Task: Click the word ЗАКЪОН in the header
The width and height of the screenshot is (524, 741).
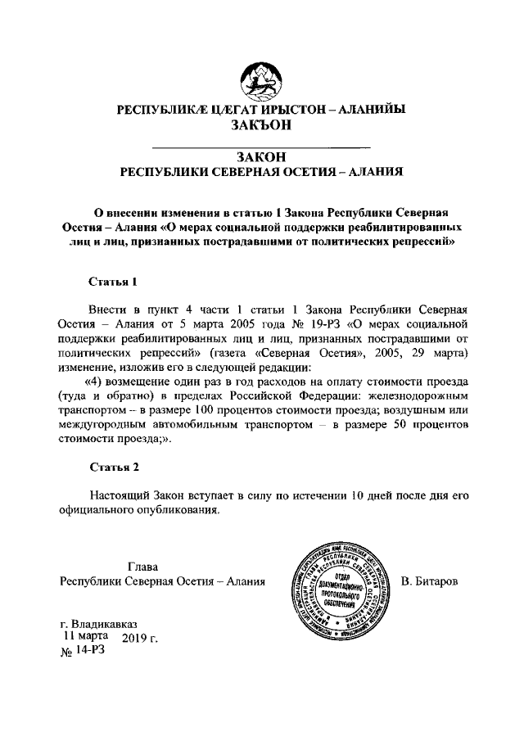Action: [x=262, y=124]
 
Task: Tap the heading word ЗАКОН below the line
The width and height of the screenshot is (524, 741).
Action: [x=262, y=156]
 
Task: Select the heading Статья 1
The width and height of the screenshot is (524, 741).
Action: [x=112, y=281]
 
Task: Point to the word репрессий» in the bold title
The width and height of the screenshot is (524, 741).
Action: [x=418, y=242]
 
